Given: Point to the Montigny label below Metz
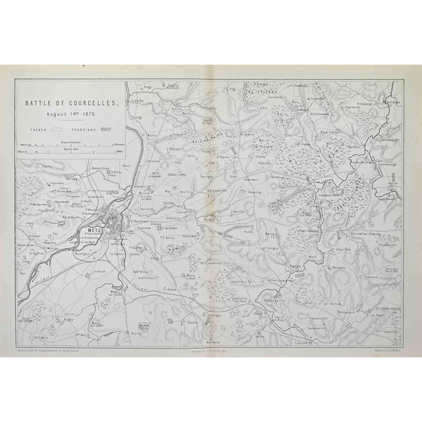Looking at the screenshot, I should tap(81, 253).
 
